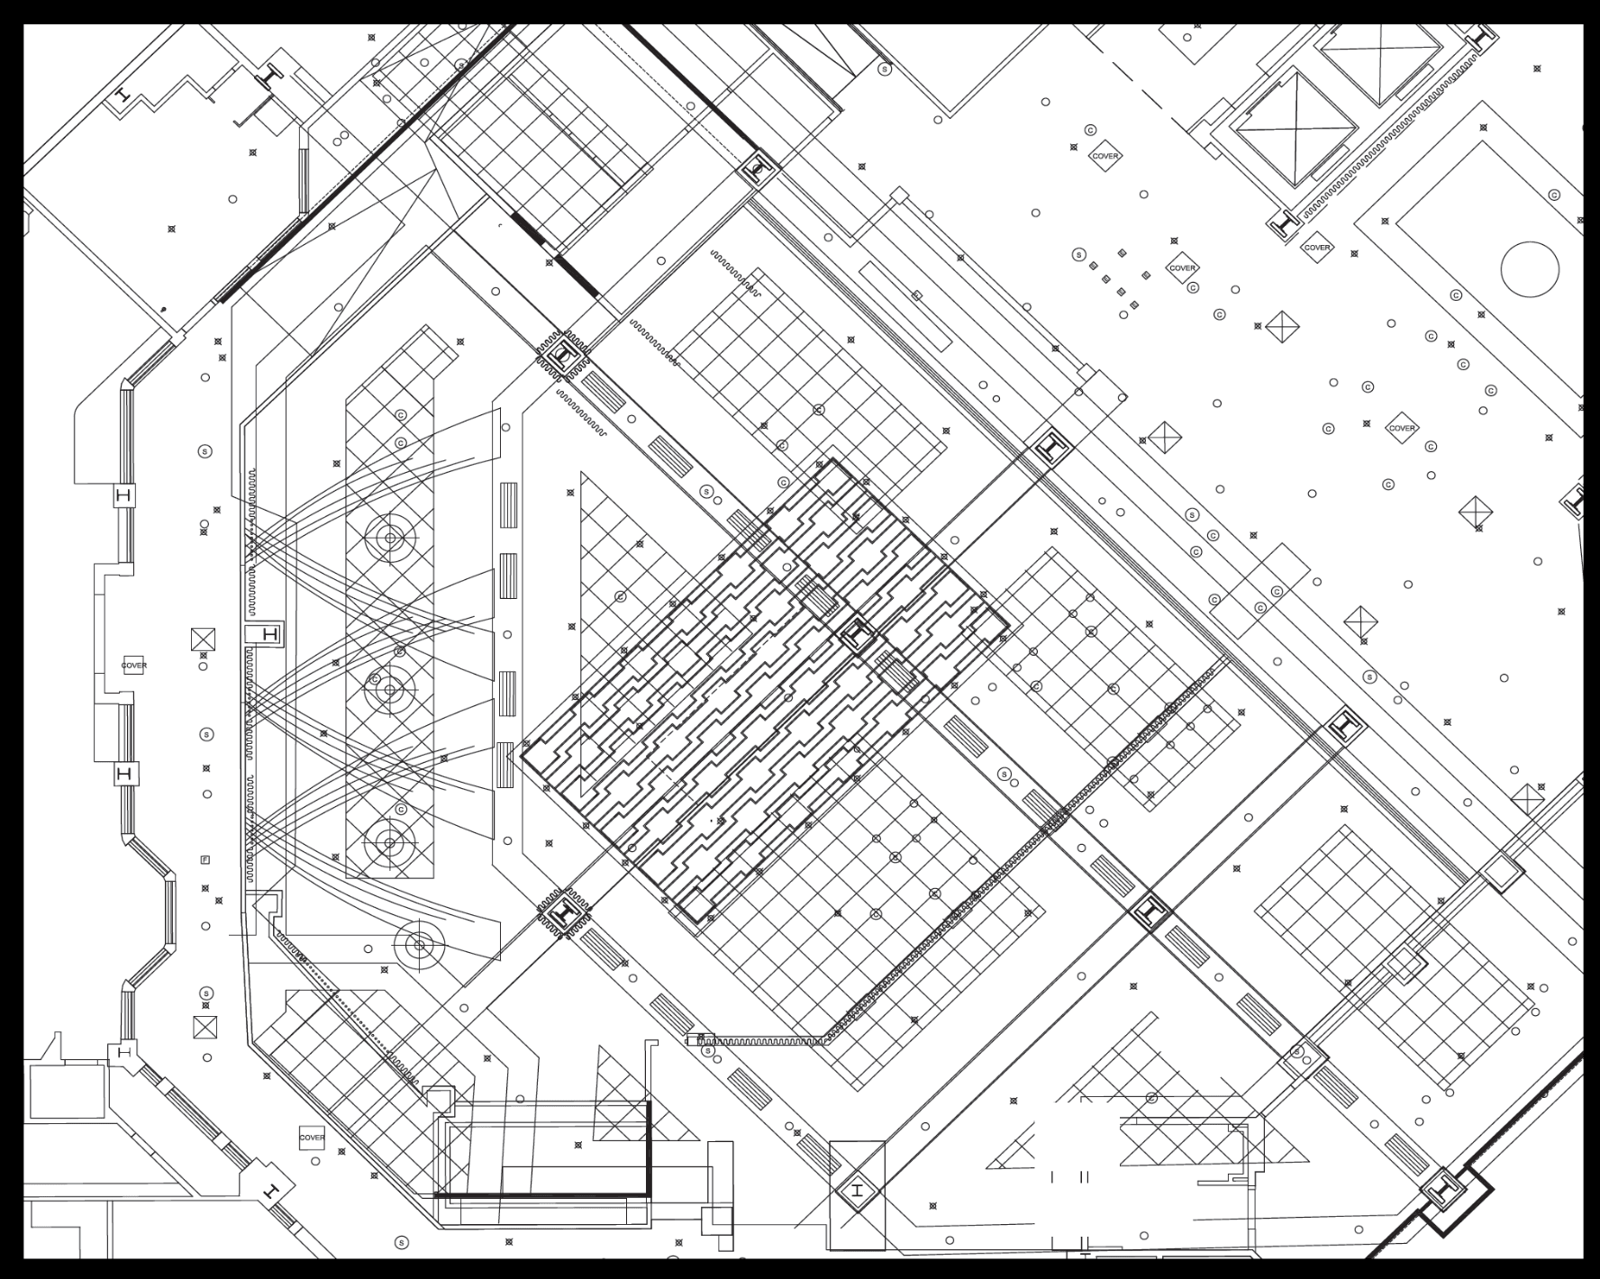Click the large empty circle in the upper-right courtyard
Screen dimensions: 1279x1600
[x=1530, y=268]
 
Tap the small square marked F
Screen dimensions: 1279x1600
[x=205, y=860]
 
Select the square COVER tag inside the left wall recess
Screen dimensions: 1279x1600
[x=134, y=666]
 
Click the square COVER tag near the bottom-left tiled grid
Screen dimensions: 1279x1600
[x=312, y=1138]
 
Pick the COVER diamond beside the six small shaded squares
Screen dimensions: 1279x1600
[x=1182, y=268]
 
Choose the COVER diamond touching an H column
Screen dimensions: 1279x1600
[x=1316, y=247]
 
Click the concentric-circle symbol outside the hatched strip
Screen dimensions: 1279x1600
[x=419, y=945]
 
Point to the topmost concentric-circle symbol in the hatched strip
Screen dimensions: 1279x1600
[x=390, y=538]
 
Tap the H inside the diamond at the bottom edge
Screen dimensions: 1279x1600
[x=857, y=1192]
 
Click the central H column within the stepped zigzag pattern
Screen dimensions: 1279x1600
[x=857, y=636]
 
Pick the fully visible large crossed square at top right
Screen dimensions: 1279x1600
[x=1295, y=126]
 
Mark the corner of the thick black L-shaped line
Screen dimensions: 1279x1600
[x=648, y=1194]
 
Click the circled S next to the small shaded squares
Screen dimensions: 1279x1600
[x=1078, y=255]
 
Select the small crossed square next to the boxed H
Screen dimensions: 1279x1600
[x=204, y=639]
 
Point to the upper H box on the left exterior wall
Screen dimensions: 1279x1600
[x=124, y=495]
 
